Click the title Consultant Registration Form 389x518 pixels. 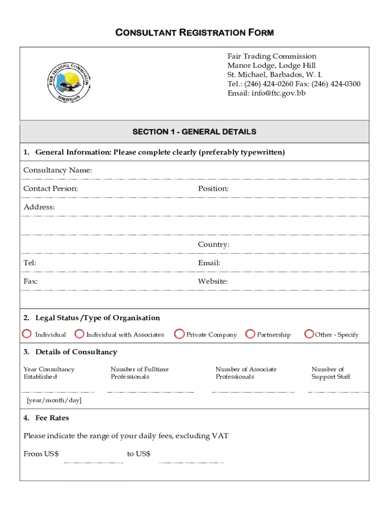click(194, 33)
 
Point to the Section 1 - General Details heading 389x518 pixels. click(194, 132)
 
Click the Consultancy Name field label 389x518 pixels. click(58, 170)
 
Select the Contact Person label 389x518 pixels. click(51, 189)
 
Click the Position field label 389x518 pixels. click(213, 189)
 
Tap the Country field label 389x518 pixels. click(214, 244)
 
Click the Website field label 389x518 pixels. click(213, 281)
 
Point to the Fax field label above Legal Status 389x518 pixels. click(30, 281)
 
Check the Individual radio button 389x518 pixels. click(27, 334)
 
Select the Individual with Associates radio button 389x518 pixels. click(79, 334)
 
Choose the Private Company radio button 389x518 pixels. click(179, 334)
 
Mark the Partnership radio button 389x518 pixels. click(250, 334)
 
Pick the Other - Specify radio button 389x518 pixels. click(309, 334)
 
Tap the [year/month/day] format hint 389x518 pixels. click(54, 401)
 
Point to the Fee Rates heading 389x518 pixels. click(52, 418)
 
